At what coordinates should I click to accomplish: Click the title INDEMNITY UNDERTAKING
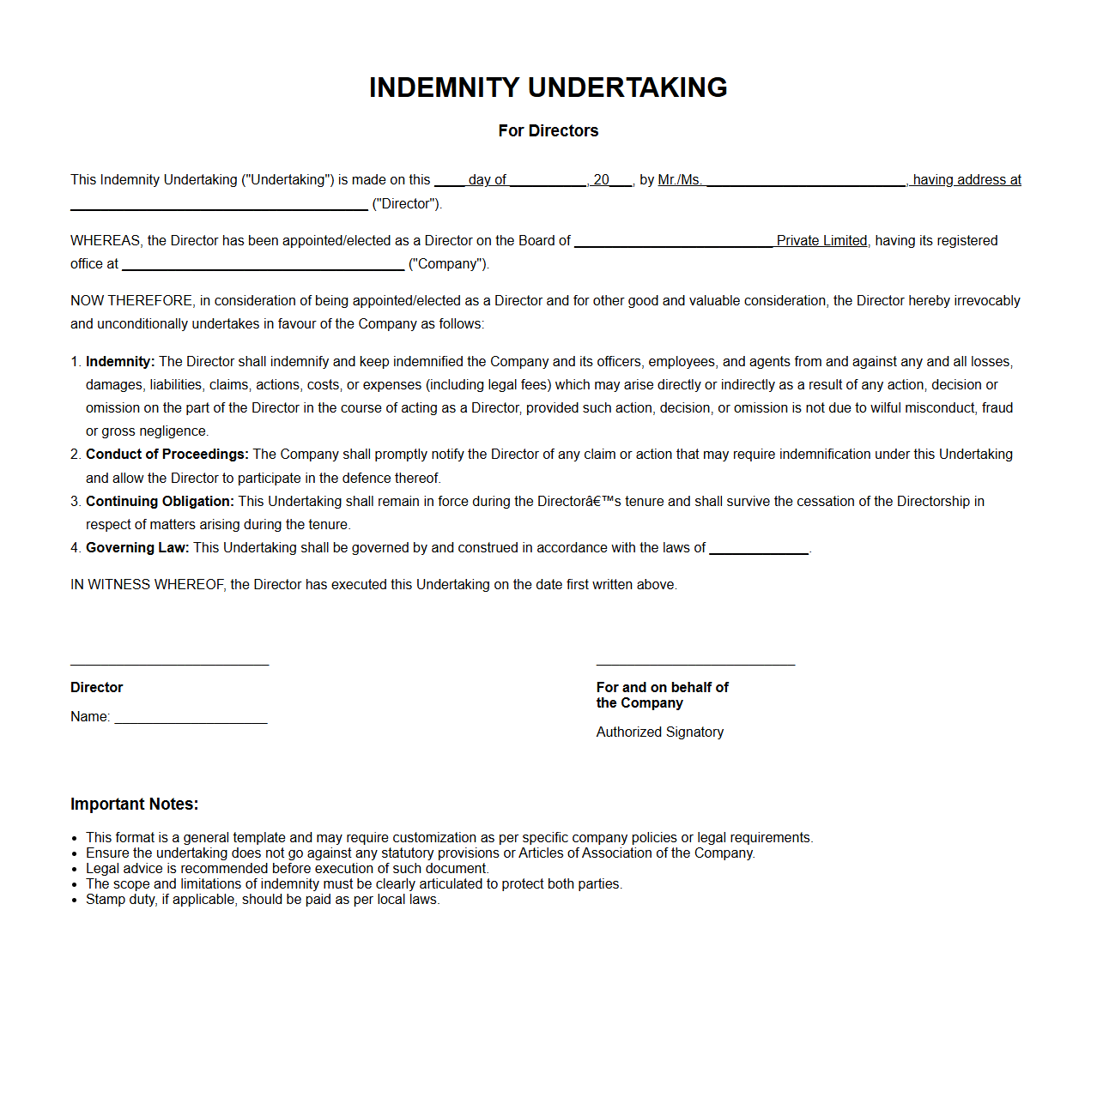click(x=548, y=87)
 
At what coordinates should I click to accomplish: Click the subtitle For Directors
click(x=548, y=130)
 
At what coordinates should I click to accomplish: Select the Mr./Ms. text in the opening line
click(x=680, y=180)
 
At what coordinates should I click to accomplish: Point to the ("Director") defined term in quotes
click(x=407, y=204)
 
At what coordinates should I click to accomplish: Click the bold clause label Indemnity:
click(x=120, y=362)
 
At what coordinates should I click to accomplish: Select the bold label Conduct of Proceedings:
click(x=167, y=455)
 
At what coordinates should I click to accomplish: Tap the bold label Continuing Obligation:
click(x=160, y=502)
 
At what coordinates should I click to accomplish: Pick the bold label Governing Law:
click(x=137, y=548)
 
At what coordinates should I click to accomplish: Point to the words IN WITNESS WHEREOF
click(x=148, y=585)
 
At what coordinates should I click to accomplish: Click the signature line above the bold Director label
click(x=169, y=664)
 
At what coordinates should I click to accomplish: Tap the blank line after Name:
click(x=191, y=721)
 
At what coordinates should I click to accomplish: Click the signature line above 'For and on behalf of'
click(x=695, y=664)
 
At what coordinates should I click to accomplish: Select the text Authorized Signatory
click(x=660, y=732)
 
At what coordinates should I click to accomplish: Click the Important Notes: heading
click(x=134, y=805)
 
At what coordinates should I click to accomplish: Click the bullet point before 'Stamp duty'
click(x=76, y=901)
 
